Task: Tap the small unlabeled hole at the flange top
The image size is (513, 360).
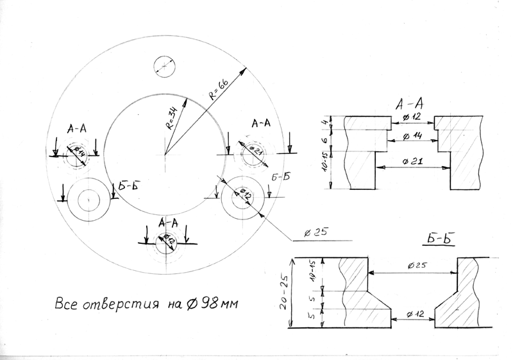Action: (165, 65)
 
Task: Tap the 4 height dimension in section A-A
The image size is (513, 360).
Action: (325, 121)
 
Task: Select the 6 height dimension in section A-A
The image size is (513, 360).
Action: (325, 138)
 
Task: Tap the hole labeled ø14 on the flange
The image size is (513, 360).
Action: (77, 154)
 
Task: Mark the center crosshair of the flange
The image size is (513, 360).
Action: (165, 155)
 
